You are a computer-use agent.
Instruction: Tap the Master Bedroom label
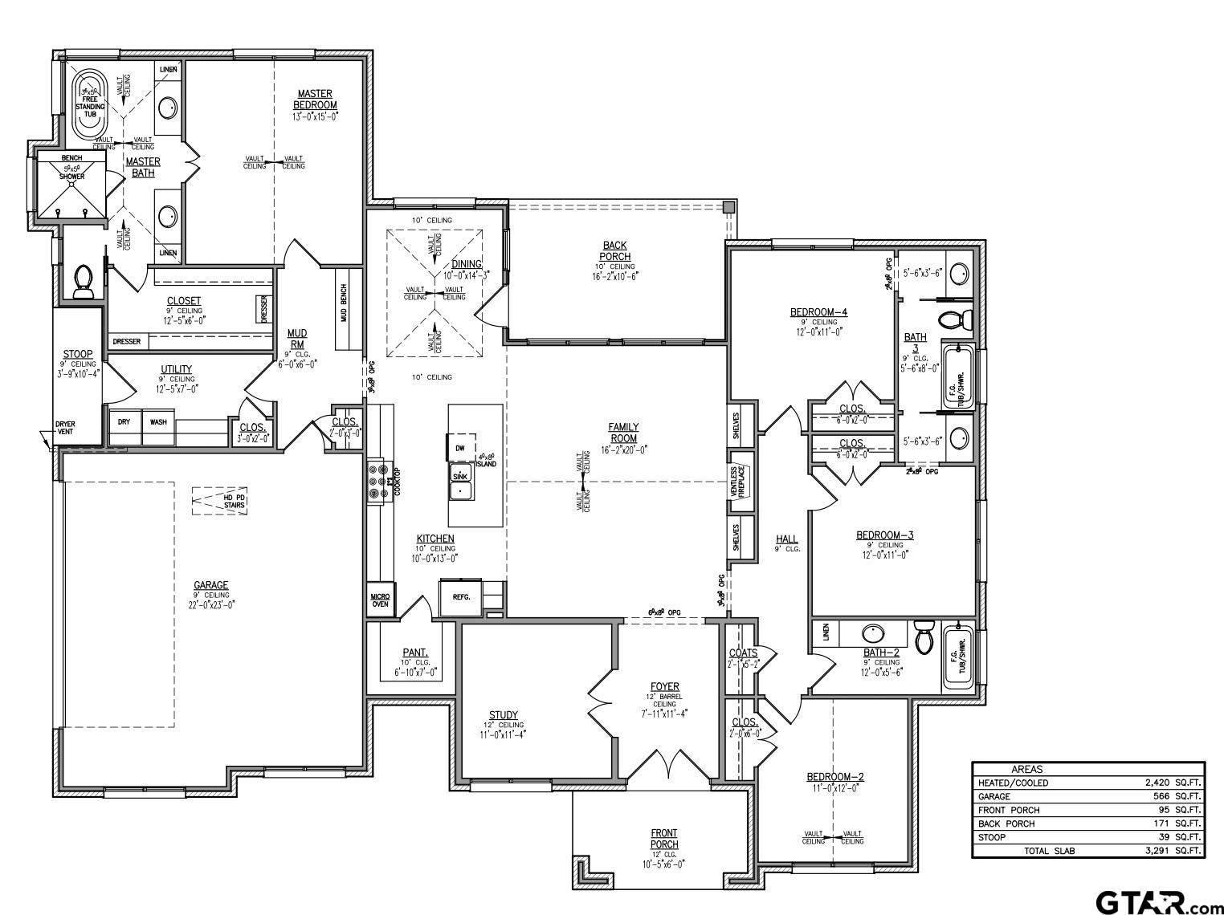[x=315, y=100]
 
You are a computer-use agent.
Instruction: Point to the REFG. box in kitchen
[x=461, y=597]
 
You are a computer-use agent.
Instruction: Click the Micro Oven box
[x=380, y=600]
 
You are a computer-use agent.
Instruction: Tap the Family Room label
[x=623, y=433]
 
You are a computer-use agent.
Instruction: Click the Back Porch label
[x=614, y=250]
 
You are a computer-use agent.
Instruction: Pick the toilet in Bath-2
[x=924, y=638]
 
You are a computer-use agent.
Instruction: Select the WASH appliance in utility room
[x=158, y=421]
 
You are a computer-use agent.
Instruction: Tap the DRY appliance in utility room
[x=124, y=421]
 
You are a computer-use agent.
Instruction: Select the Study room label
[x=504, y=715]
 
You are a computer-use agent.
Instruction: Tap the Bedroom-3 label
[x=884, y=535]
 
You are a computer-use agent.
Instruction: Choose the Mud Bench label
[x=345, y=303]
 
